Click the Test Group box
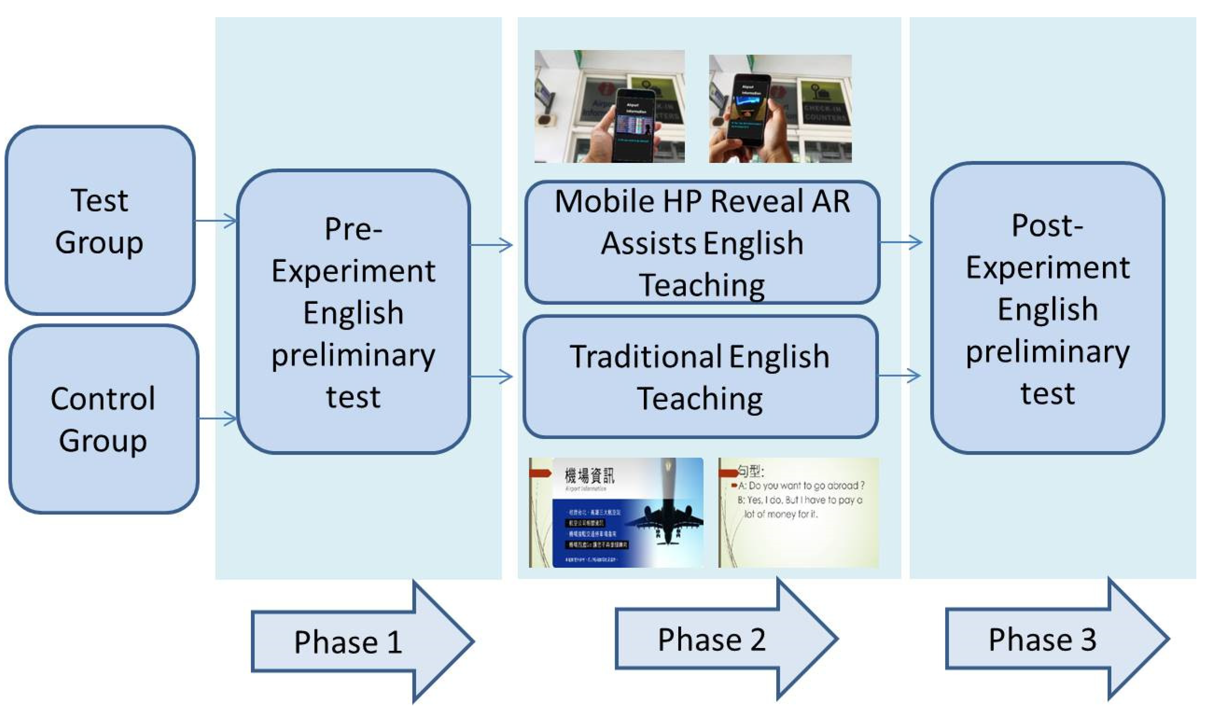pyautogui.click(x=100, y=220)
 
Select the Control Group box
pyautogui.click(x=103, y=419)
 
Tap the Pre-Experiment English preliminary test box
pyautogui.click(x=354, y=312)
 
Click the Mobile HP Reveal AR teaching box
pyautogui.click(x=702, y=242)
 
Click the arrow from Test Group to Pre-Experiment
pyautogui.click(x=216, y=221)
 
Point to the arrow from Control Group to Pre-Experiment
pyautogui.click(x=218, y=418)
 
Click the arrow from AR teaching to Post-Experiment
pyautogui.click(x=901, y=242)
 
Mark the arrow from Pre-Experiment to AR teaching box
pyautogui.click(x=491, y=245)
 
